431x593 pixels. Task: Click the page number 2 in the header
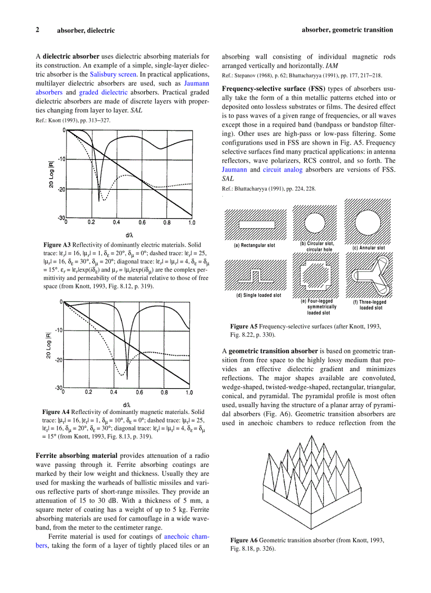point(38,30)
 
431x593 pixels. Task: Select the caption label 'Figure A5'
point(243,326)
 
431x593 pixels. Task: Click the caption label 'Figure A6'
point(244,540)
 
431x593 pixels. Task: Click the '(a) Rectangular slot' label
point(255,246)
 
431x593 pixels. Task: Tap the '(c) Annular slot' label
point(369,248)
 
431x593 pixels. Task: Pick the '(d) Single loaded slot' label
point(258,295)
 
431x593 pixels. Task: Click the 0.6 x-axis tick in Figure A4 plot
point(139,392)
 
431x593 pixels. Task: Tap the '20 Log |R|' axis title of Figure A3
point(51,174)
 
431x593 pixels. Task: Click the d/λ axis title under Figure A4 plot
point(126,404)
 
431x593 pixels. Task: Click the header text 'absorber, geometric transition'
point(347,30)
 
